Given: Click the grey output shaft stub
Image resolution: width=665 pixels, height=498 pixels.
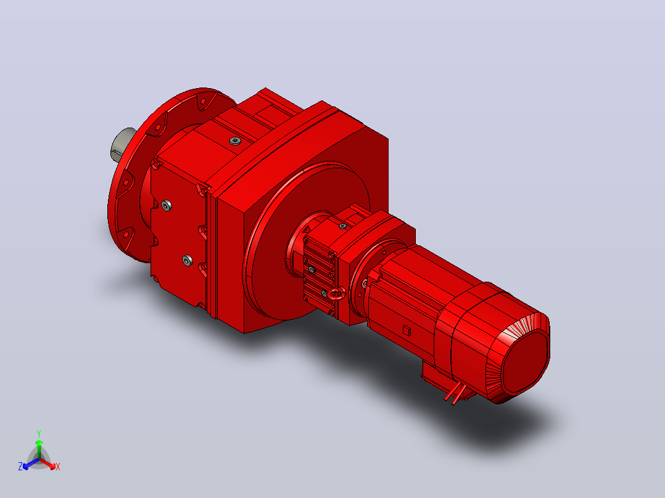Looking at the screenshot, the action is [122, 144].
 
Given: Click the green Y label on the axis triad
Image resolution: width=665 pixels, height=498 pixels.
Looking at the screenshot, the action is [39, 433].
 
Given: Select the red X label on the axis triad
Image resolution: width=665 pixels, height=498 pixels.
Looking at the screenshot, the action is [58, 467].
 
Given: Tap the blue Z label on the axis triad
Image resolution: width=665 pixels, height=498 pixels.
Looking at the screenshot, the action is [20, 467].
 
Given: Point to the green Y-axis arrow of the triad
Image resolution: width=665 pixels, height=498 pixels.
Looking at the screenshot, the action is [39, 449].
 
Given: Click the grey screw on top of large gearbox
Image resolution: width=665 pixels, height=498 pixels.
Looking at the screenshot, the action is [235, 141].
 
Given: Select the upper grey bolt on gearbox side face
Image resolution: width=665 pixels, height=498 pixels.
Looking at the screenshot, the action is [167, 206].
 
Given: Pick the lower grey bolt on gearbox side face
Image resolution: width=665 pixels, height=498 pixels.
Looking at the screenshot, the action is [188, 260].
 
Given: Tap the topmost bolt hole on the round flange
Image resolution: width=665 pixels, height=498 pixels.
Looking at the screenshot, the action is [203, 101].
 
